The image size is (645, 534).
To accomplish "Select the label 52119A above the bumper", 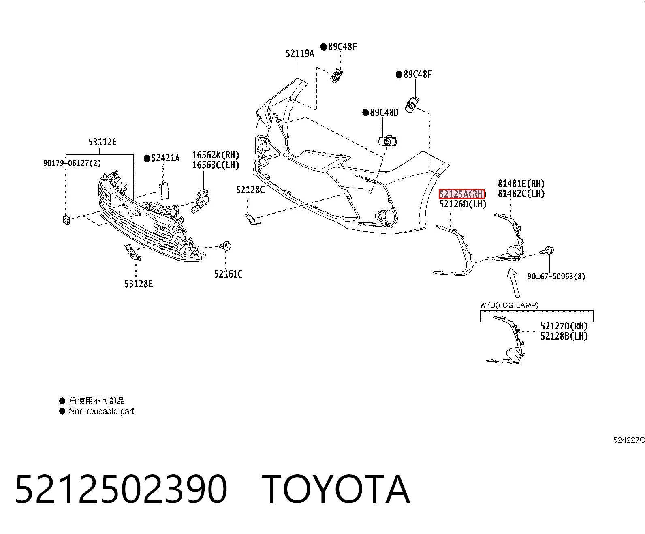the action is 300,53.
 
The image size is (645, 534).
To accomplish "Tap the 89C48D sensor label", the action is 384,112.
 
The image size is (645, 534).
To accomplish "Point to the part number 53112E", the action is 102,142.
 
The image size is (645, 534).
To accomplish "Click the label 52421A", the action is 165,158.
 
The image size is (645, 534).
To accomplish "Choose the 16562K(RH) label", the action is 216,155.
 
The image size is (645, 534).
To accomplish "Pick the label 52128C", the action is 250,190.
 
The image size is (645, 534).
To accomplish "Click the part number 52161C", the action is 228,274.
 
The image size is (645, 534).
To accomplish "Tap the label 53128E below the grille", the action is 139,284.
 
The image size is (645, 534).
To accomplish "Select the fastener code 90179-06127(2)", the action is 72,163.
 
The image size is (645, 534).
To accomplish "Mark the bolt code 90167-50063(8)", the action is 556,276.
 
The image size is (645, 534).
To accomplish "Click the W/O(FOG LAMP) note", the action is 509,305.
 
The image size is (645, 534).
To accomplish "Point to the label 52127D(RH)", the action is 564,326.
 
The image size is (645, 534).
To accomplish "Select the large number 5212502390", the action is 121,489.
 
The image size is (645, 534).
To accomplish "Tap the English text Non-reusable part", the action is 102,411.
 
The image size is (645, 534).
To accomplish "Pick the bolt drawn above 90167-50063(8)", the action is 547,251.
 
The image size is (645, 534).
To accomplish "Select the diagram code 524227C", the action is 629,440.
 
